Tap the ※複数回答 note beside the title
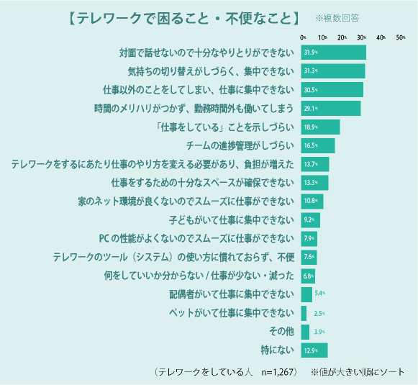[x=337, y=17]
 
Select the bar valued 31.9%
[x=334, y=53]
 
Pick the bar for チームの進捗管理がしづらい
[x=318, y=145]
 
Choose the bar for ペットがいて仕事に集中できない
[x=304, y=313]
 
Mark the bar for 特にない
[x=314, y=350]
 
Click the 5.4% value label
[x=321, y=294]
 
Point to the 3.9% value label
[x=319, y=332]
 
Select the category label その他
[x=280, y=332]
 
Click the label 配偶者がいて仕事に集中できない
[x=232, y=294]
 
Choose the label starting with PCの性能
[x=196, y=238]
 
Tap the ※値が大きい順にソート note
[x=358, y=372]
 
